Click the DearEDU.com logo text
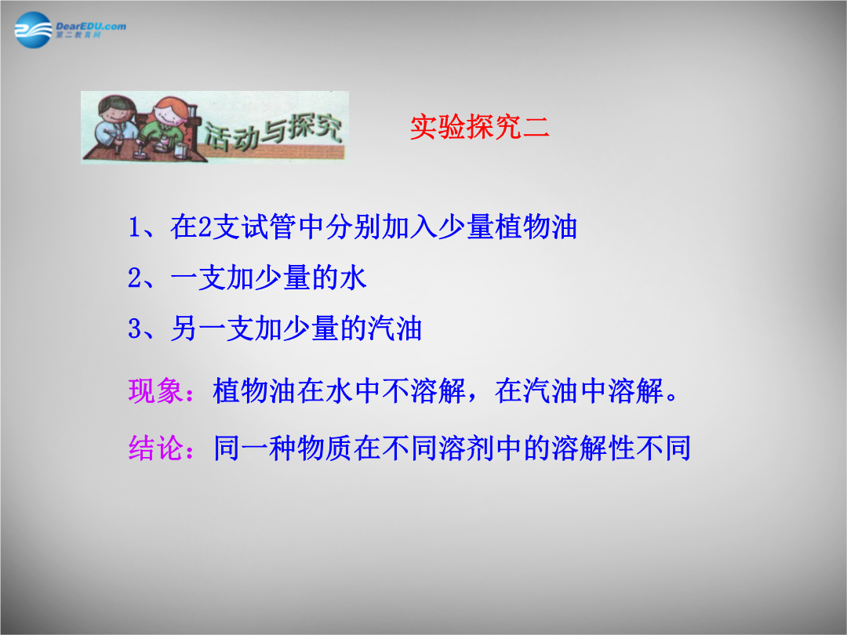[x=91, y=26]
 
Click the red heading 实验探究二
[x=480, y=128]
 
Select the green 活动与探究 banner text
[x=273, y=132]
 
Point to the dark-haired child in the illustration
[x=115, y=124]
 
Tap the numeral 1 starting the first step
[x=135, y=227]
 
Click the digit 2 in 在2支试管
[x=205, y=227]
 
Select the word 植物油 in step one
[x=536, y=227]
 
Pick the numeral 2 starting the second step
[x=135, y=278]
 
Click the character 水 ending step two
[x=353, y=278]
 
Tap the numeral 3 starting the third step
[x=135, y=328]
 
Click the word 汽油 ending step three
[x=394, y=328]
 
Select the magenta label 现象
[x=155, y=391]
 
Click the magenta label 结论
[x=155, y=448]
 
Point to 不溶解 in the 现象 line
[x=423, y=391]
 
